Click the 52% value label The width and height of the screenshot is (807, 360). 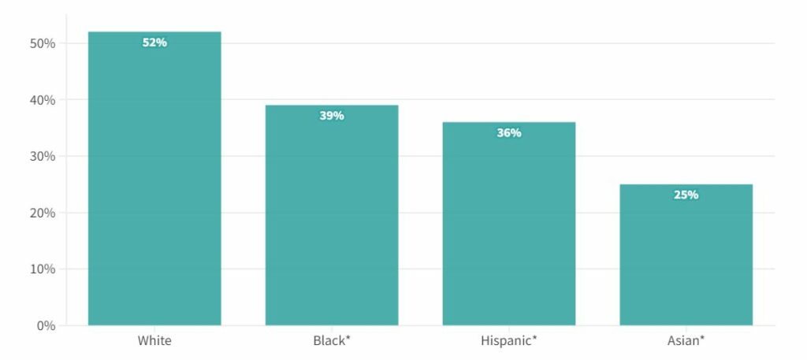[154, 43]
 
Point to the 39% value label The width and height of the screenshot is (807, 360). [332, 116]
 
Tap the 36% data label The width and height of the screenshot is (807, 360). [508, 133]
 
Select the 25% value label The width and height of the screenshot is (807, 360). [686, 195]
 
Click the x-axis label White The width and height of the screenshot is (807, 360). [154, 341]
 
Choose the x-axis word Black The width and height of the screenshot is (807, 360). [329, 341]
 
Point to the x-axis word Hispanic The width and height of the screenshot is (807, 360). [505, 341]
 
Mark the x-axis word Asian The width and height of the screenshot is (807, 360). [682, 341]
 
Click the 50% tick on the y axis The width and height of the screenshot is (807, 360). [43, 43]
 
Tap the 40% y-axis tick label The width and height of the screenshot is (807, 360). [43, 100]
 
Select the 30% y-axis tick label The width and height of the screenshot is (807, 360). [43, 156]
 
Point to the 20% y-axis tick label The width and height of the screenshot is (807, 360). [43, 213]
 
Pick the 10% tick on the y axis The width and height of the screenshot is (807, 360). [43, 269]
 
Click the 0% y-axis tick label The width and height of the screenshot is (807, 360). [46, 325]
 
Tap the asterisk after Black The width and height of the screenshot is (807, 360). [348, 339]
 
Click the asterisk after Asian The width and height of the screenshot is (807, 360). [701, 339]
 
